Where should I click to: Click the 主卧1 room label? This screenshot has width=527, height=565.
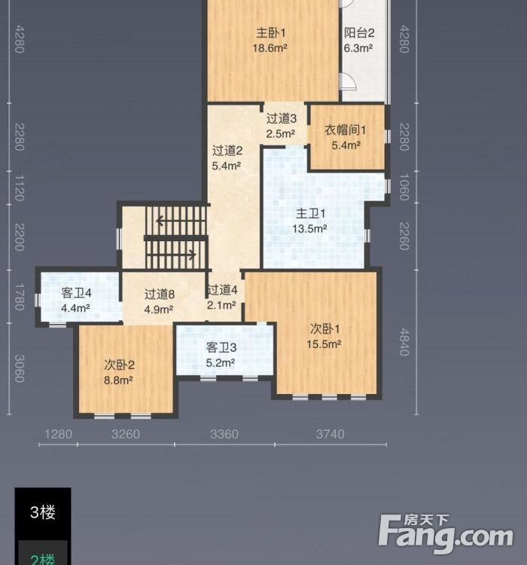(x=271, y=33)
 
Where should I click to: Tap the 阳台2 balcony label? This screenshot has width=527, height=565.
(x=359, y=33)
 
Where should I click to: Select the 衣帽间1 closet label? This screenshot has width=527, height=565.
(x=346, y=130)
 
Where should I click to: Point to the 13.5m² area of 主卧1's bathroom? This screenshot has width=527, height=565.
(x=309, y=229)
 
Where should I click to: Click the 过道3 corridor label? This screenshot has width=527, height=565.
(x=282, y=118)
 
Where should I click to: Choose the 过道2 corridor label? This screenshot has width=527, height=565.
(x=227, y=150)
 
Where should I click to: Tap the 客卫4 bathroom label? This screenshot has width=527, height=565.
(x=76, y=293)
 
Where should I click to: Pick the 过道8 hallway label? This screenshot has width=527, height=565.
(x=160, y=294)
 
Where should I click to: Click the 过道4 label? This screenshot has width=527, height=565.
(x=222, y=290)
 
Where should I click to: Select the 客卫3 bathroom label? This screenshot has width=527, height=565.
(x=221, y=347)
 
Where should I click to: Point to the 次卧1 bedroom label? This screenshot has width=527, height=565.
(x=325, y=328)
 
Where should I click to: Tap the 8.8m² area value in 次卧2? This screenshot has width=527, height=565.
(x=118, y=380)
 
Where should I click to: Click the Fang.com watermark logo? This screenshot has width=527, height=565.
(x=446, y=533)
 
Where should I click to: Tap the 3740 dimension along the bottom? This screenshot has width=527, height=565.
(x=331, y=434)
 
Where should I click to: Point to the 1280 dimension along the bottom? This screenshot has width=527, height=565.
(x=58, y=434)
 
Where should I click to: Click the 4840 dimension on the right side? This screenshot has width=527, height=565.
(x=404, y=341)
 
